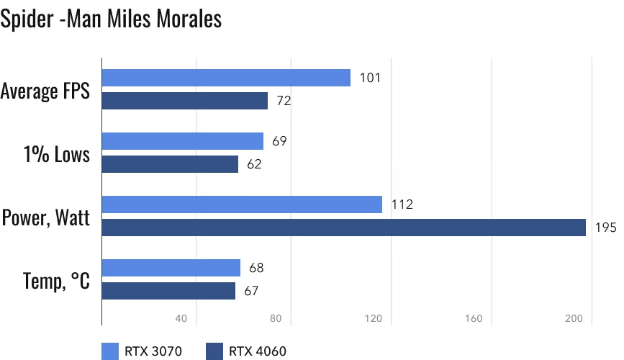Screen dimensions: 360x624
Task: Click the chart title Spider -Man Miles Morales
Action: pyautogui.click(x=111, y=19)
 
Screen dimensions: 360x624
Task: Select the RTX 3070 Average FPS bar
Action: pyautogui.click(x=226, y=78)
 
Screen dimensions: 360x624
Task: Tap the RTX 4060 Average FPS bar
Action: pyautogui.click(x=185, y=101)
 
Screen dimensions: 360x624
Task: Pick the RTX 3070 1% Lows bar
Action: pyautogui.click(x=183, y=141)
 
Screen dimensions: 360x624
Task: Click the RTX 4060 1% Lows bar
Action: pyautogui.click(x=170, y=164)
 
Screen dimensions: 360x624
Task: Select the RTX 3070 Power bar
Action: pyautogui.click(x=242, y=204)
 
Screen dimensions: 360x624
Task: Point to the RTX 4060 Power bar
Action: pyautogui.click(x=344, y=228)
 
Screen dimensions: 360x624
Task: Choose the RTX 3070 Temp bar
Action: pyautogui.click(x=171, y=268)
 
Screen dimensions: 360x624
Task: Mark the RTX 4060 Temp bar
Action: pyautogui.click(x=168, y=291)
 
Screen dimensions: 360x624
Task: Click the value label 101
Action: pyautogui.click(x=370, y=78)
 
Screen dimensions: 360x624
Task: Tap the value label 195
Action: pyautogui.click(x=605, y=228)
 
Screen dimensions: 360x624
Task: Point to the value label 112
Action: pyautogui.click(x=402, y=204)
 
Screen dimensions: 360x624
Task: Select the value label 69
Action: pyautogui.click(x=280, y=141)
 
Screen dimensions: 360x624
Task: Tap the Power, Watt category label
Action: pyautogui.click(x=46, y=217)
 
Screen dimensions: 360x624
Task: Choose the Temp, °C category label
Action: pyautogui.click(x=57, y=280)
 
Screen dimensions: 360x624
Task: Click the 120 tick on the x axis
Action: pyautogui.click(x=374, y=319)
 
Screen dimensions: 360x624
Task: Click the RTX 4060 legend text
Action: pyautogui.click(x=258, y=351)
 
